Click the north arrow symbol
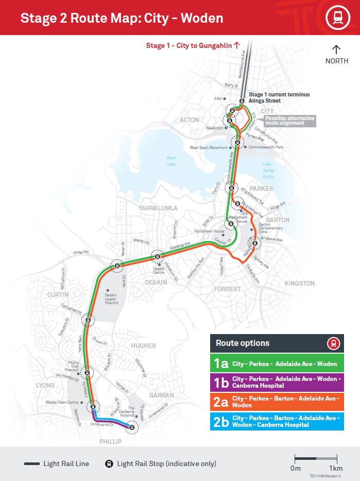point(336,49)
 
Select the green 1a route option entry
point(277,363)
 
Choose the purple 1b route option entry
point(277,382)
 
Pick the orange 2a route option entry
point(277,402)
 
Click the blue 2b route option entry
point(277,421)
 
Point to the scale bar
point(316,457)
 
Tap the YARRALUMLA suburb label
point(158,208)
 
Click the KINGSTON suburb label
point(299,284)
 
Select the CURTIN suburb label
point(57,294)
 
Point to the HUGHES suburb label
point(143,345)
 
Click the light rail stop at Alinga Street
point(242,101)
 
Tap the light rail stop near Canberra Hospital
point(132,427)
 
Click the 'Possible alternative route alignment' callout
point(289,121)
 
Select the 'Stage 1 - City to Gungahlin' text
point(193,45)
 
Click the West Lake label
point(171,161)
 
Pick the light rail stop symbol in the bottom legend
point(109,463)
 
